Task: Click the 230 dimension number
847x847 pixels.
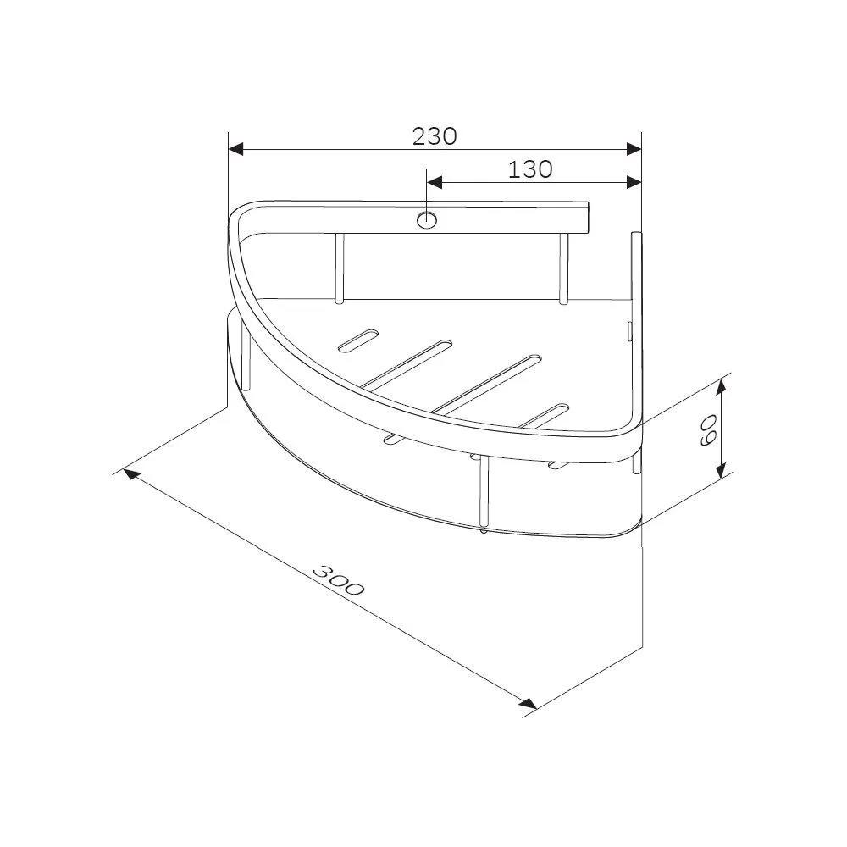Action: (x=435, y=136)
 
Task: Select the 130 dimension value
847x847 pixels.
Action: (x=530, y=169)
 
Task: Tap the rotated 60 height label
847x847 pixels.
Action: (x=707, y=430)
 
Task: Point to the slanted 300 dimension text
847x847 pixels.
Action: (x=339, y=579)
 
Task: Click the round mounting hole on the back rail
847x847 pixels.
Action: (x=427, y=220)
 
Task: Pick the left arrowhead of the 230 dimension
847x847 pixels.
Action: (x=236, y=149)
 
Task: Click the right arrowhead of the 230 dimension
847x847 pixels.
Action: (x=634, y=149)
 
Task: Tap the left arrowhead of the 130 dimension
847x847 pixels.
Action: (x=435, y=183)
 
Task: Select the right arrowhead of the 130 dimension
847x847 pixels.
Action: (x=634, y=183)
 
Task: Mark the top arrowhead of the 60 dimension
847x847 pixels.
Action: (x=722, y=387)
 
